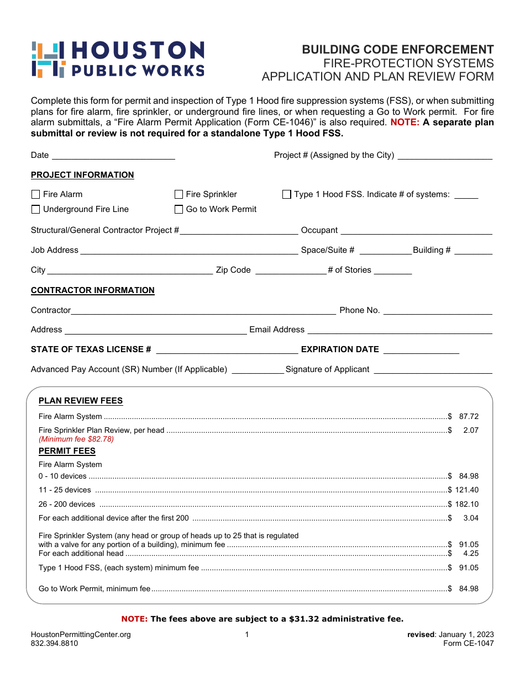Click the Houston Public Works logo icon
[x=48, y=59]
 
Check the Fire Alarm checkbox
[x=36, y=194]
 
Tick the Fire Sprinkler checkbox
[x=179, y=194]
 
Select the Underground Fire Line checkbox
[x=36, y=209]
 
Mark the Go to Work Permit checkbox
[x=179, y=209]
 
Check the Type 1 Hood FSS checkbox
[x=287, y=194]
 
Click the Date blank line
[x=113, y=156]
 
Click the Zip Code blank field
[x=290, y=271]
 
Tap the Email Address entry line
[x=400, y=331]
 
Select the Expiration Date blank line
[x=421, y=351]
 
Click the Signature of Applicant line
[x=433, y=370]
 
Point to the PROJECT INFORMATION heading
[x=82, y=175]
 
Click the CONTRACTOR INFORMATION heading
[x=93, y=290]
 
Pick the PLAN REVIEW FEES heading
[x=81, y=401]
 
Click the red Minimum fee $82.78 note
[x=76, y=439]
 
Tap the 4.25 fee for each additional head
[x=471, y=553]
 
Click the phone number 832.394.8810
[x=54, y=643]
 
